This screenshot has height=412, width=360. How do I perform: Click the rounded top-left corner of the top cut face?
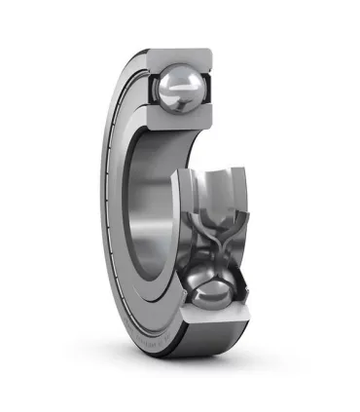146,55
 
